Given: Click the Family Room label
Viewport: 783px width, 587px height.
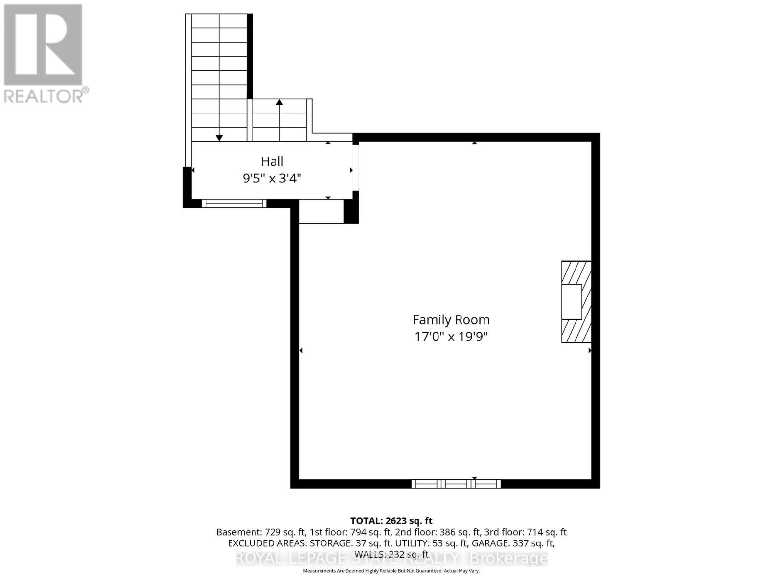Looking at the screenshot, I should [x=451, y=320].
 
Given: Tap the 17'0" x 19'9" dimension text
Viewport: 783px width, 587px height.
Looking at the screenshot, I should [x=451, y=337].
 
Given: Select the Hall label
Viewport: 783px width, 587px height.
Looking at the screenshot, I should [x=272, y=161].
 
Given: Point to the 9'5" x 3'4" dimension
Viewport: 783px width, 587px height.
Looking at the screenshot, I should [x=272, y=178].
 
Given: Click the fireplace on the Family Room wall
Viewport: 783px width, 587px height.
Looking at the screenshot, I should [x=576, y=302].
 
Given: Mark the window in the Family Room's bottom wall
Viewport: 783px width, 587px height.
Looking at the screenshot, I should [x=456, y=484].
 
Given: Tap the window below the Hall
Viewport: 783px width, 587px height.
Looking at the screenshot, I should [x=234, y=203].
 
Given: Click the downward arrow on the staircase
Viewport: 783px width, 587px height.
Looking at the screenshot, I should [x=219, y=137].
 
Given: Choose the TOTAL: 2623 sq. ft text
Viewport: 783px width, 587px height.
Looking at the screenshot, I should [x=391, y=521].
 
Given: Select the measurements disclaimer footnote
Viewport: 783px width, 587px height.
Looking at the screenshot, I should [x=391, y=571].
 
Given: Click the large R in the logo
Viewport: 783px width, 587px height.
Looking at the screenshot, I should [x=43, y=45].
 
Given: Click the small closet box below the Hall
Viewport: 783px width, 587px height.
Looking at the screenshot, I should [x=321, y=211].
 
